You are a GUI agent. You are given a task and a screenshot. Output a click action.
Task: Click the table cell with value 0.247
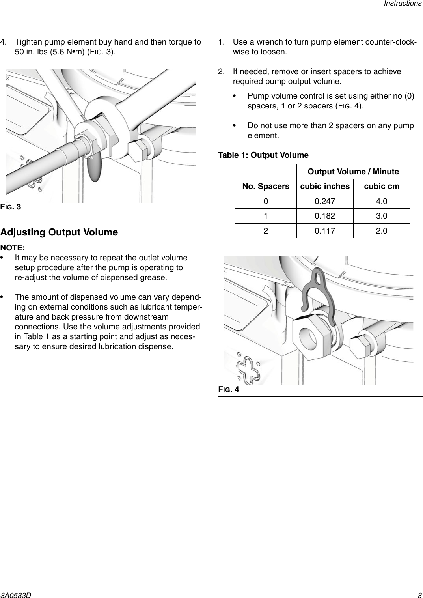325,202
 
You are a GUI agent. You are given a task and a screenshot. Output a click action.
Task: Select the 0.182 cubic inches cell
325,216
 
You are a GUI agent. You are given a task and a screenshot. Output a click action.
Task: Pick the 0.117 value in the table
325,231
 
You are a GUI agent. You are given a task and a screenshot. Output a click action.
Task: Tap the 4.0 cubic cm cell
381,202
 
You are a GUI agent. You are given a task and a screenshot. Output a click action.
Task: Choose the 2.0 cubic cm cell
381,231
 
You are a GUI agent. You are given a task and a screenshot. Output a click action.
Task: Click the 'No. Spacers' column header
266,186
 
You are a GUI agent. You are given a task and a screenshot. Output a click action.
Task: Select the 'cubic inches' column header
325,186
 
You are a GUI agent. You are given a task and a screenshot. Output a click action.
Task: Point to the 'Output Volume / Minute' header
353,172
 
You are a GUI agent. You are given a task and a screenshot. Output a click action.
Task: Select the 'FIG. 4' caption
229,390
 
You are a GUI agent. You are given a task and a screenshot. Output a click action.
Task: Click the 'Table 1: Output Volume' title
263,155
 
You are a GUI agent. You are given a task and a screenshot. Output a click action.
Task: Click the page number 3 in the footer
419,592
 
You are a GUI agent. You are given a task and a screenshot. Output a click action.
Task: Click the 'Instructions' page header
403,4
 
